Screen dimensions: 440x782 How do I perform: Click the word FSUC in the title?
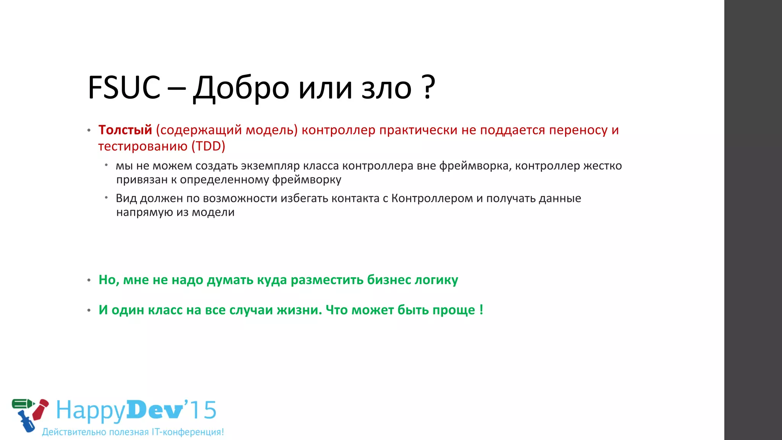pyautogui.click(x=124, y=88)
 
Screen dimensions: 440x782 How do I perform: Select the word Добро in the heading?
pyautogui.click(x=241, y=89)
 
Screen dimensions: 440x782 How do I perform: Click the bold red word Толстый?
pyautogui.click(x=125, y=130)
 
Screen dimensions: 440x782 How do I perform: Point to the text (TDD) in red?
pyautogui.click(x=208, y=146)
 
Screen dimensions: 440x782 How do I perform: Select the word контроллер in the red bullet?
pyautogui.click(x=338, y=130)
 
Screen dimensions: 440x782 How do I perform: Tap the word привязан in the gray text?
pyautogui.click(x=141, y=180)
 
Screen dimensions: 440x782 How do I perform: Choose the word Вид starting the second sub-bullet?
pyautogui.click(x=126, y=198)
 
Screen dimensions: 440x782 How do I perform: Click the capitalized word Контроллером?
pyautogui.click(x=432, y=198)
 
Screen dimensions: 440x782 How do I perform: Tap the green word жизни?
pyautogui.click(x=299, y=310)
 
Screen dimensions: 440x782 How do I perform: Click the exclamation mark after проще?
pyautogui.click(x=481, y=309)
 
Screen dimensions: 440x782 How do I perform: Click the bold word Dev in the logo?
pyautogui.click(x=155, y=411)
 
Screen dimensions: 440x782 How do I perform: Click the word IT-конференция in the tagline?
pyautogui.click(x=187, y=432)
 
